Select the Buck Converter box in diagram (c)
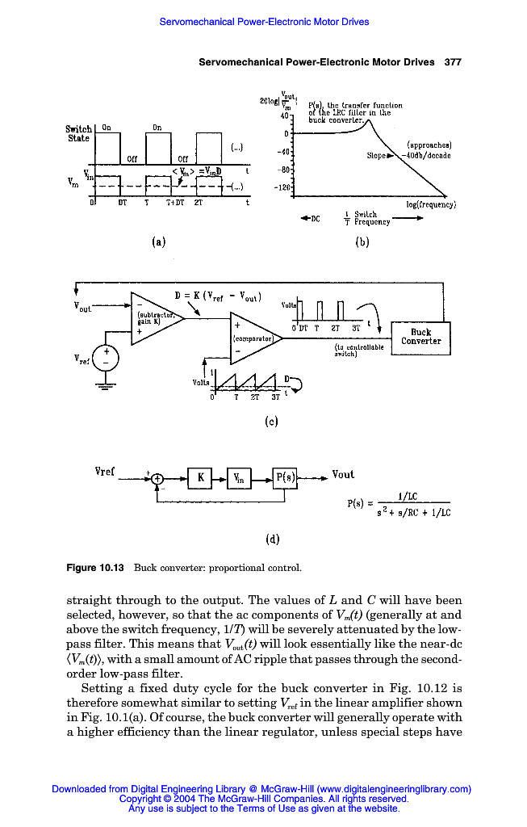tap(420, 337)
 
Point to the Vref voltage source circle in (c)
tap(104, 359)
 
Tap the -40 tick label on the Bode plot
tap(282, 151)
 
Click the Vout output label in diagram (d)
tap(343, 475)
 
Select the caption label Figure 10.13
tap(94, 568)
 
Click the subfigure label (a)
tap(158, 240)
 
